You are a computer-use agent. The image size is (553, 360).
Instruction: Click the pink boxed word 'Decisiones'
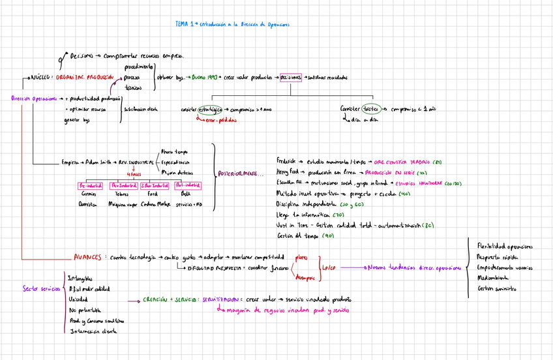[x=291, y=77]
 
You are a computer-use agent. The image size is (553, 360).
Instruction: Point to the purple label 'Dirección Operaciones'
[x=32, y=99]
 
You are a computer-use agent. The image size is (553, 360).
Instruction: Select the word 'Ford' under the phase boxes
[x=152, y=194]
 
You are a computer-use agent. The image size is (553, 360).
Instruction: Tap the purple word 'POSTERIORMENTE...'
[x=237, y=172]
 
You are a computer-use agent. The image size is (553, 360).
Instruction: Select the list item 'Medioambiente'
[x=495, y=277]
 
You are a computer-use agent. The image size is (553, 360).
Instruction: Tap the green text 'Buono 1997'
[x=204, y=77]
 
